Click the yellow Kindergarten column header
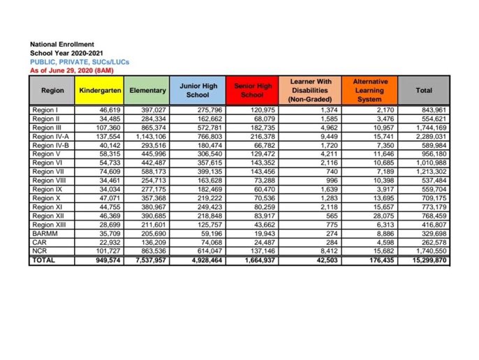pos(101,91)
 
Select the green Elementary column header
pos(147,91)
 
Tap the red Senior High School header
pos(252,91)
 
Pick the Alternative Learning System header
pos(370,91)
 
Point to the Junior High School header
pos(198,91)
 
